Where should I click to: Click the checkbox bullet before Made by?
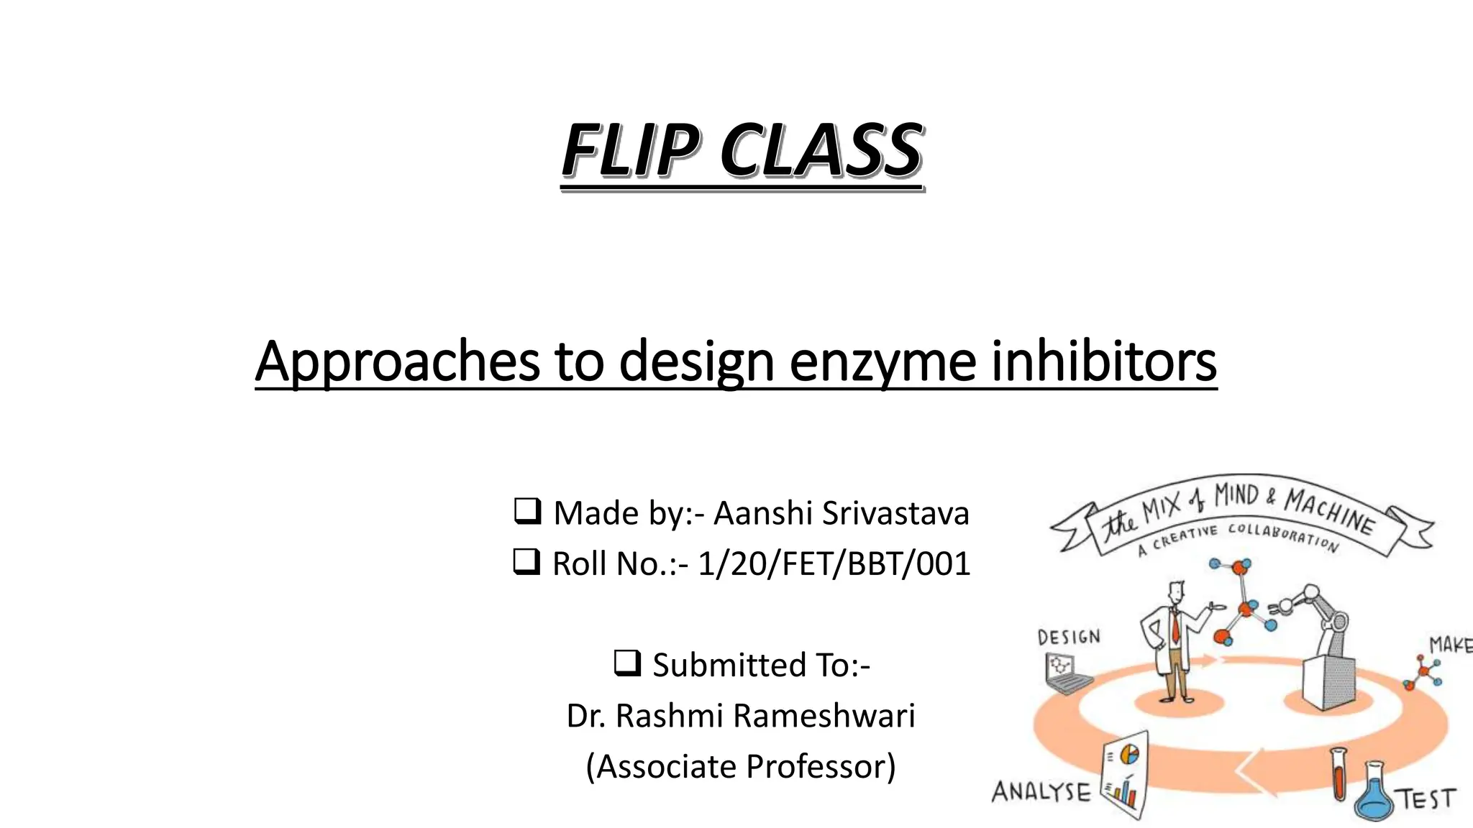[x=527, y=512]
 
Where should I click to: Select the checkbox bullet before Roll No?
[x=526, y=562]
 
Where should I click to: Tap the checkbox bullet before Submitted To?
[x=627, y=663]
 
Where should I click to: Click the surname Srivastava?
[x=895, y=513]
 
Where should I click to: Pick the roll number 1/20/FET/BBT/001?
[x=834, y=563]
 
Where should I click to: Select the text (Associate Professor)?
[x=741, y=766]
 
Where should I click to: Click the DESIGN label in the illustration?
[x=1069, y=638]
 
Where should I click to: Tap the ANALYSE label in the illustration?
[x=1041, y=792]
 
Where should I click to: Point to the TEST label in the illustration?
[x=1427, y=799]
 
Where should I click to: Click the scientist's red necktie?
[x=1175, y=627]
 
